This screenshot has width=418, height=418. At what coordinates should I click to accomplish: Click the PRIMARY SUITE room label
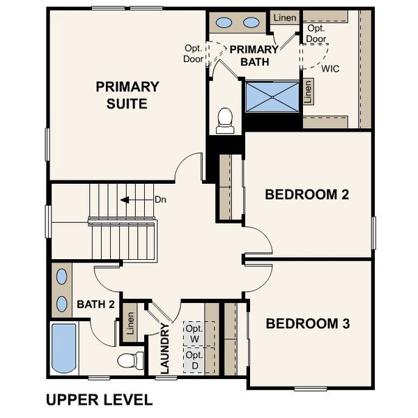pos(127,95)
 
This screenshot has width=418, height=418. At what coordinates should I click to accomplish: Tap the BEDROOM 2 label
pos(307,194)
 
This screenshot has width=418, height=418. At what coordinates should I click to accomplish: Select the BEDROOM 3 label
pos(307,324)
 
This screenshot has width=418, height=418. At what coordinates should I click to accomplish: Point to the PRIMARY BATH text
pos(254,55)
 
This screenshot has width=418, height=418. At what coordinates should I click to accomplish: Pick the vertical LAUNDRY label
pos(166,348)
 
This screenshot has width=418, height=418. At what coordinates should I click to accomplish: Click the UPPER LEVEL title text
pos(98,400)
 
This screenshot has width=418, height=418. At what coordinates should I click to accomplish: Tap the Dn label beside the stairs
pos(160,200)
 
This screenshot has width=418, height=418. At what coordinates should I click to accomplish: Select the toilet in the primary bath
pos(225,121)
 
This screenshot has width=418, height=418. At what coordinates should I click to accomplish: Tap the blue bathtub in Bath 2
pos(64,348)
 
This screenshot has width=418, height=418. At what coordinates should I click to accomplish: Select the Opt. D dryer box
pos(193,360)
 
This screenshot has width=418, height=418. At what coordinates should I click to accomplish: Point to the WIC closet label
pos(330,69)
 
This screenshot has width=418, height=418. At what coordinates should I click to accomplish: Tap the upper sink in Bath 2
pos(62,276)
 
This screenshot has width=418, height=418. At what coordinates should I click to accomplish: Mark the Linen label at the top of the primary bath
pos(284,17)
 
